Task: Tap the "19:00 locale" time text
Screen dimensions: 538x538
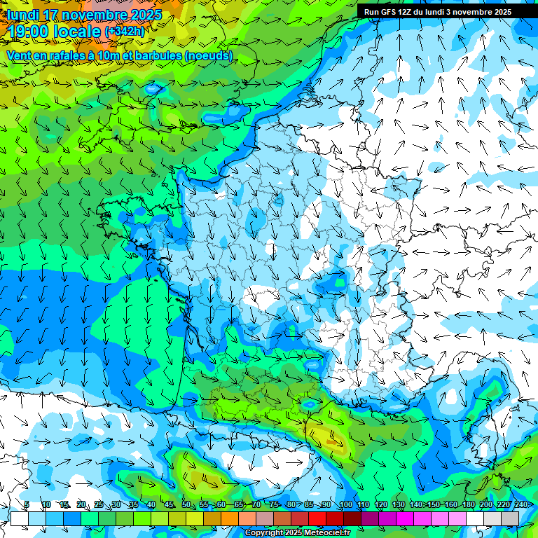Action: (x=54, y=31)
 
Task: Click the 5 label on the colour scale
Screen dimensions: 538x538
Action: (x=27, y=505)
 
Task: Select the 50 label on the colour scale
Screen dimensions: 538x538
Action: (x=186, y=505)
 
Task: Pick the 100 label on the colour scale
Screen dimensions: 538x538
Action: (x=345, y=505)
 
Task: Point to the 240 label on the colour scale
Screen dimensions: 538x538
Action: (x=521, y=505)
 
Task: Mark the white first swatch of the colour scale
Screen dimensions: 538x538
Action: (x=19, y=518)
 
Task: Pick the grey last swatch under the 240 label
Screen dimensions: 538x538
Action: (x=511, y=518)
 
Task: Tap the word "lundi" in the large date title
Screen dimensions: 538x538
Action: (x=23, y=15)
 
